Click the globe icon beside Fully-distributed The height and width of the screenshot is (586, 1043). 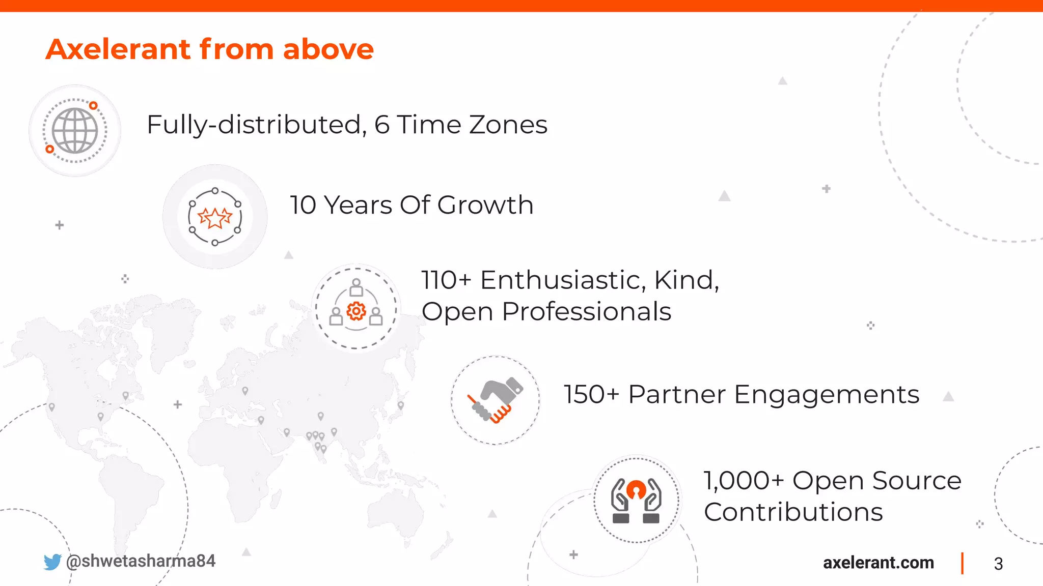[x=75, y=131]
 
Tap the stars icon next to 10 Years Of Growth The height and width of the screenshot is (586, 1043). [x=215, y=217]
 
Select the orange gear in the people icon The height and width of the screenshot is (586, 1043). [x=356, y=311]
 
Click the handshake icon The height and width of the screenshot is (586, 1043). [x=496, y=400]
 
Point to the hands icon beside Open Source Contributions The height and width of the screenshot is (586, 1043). [x=636, y=500]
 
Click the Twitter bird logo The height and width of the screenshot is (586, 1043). [x=52, y=562]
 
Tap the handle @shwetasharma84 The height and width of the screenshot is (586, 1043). [x=141, y=561]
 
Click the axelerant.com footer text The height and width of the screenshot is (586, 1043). [x=879, y=563]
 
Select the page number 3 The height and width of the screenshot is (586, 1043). [x=998, y=564]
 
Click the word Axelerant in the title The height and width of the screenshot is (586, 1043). [x=118, y=49]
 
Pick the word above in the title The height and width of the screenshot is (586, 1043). [x=328, y=49]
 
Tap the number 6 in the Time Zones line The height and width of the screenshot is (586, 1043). [x=382, y=125]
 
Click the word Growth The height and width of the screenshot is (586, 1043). [x=485, y=205]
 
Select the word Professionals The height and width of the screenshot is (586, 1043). [x=586, y=311]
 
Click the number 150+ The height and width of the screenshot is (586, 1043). [x=591, y=395]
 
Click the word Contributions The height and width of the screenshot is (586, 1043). [x=793, y=512]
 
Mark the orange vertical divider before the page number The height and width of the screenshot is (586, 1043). [x=962, y=563]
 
